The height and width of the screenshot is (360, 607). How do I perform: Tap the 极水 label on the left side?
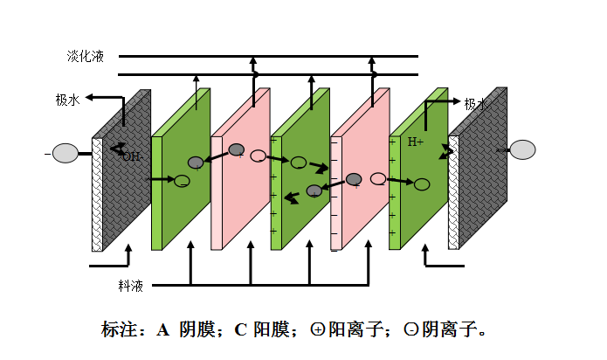tap(67, 100)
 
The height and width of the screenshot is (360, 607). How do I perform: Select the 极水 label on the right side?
tap(476, 104)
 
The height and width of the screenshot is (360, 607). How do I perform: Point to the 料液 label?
tap(130, 286)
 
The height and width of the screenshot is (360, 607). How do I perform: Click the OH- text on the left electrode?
tap(131, 156)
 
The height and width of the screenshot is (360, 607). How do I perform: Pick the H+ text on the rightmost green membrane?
tap(416, 142)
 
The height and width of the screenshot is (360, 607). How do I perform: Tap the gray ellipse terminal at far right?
tap(522, 150)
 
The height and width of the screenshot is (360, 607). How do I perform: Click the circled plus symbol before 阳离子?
tap(318, 330)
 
